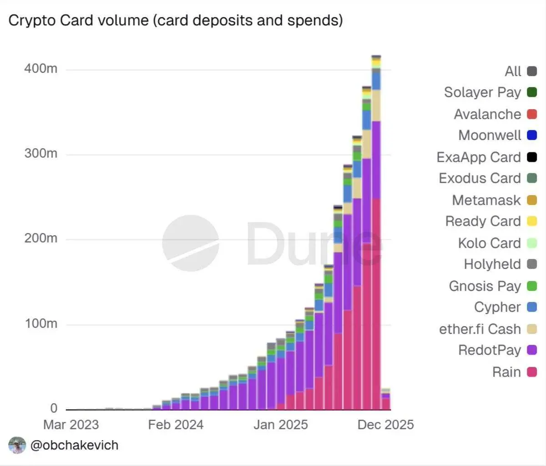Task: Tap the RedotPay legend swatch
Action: point(531,350)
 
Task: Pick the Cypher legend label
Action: point(497,307)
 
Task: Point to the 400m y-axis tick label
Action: point(40,69)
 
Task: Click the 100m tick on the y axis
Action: point(40,324)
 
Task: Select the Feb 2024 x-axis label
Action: point(176,425)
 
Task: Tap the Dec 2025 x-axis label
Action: point(385,425)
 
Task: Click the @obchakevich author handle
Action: point(74,445)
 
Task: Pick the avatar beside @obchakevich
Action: point(17,445)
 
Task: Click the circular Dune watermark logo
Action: point(190,243)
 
